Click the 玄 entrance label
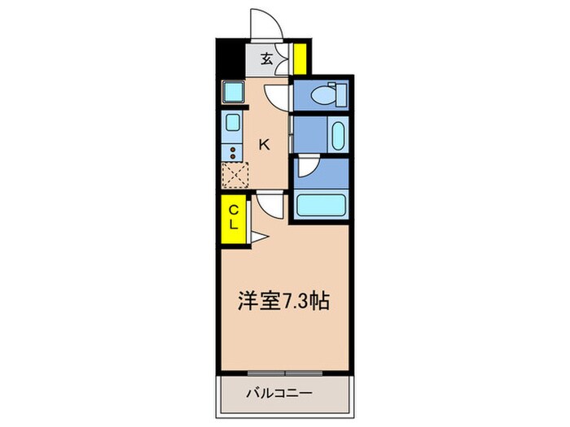(266, 59)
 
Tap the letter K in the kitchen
(264, 145)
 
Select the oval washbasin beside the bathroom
(338, 135)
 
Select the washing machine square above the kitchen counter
(232, 94)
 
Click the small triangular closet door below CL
(257, 237)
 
